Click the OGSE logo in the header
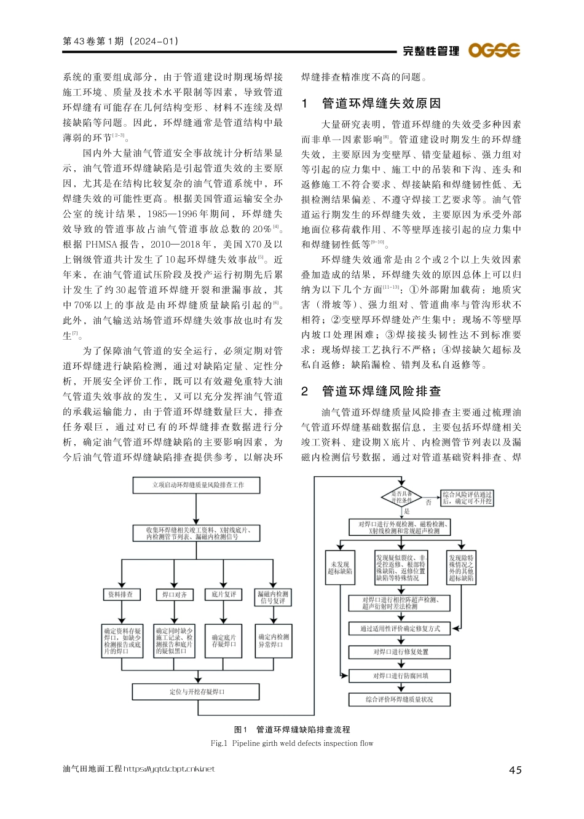point(494,50)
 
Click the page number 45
point(515,770)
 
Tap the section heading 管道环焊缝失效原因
point(381,103)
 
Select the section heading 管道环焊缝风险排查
point(381,391)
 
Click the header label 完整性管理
point(431,51)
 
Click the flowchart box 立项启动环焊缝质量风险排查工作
point(198,485)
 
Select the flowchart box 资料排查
point(120,594)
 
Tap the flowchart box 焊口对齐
point(174,594)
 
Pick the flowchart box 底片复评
point(224,594)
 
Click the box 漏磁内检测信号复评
point(273,597)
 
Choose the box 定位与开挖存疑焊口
point(197,692)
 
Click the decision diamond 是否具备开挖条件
point(402,497)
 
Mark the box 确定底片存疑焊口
point(224,641)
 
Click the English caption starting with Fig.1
point(292,743)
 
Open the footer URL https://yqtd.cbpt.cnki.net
point(169,769)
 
